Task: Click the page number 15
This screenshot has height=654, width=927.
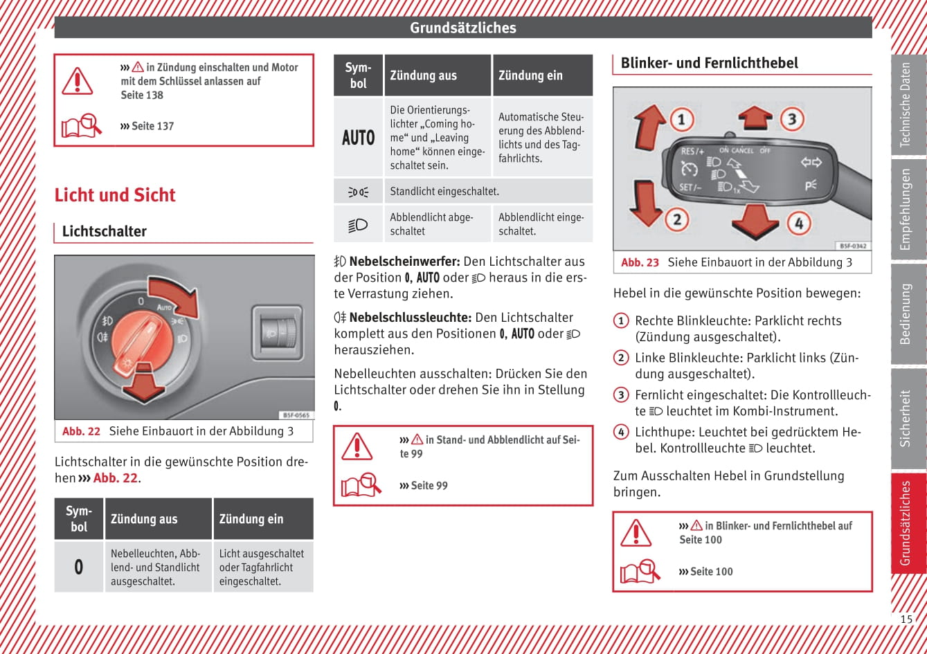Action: tap(906, 619)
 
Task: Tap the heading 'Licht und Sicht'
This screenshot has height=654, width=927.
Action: tap(115, 195)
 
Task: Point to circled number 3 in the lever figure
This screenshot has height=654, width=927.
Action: tap(792, 119)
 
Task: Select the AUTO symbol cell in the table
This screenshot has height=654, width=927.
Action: tap(358, 137)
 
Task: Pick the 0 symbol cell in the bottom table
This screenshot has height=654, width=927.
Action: tap(79, 567)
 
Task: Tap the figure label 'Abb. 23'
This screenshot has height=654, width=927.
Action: tap(640, 262)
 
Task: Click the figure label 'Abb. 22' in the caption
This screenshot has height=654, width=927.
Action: tap(81, 431)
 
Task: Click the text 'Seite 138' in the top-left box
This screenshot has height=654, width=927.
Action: tap(142, 95)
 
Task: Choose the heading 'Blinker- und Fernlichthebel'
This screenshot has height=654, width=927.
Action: tap(709, 63)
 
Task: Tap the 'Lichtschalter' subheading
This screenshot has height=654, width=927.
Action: tap(105, 231)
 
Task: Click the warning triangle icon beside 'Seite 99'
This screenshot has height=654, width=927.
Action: tap(357, 446)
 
